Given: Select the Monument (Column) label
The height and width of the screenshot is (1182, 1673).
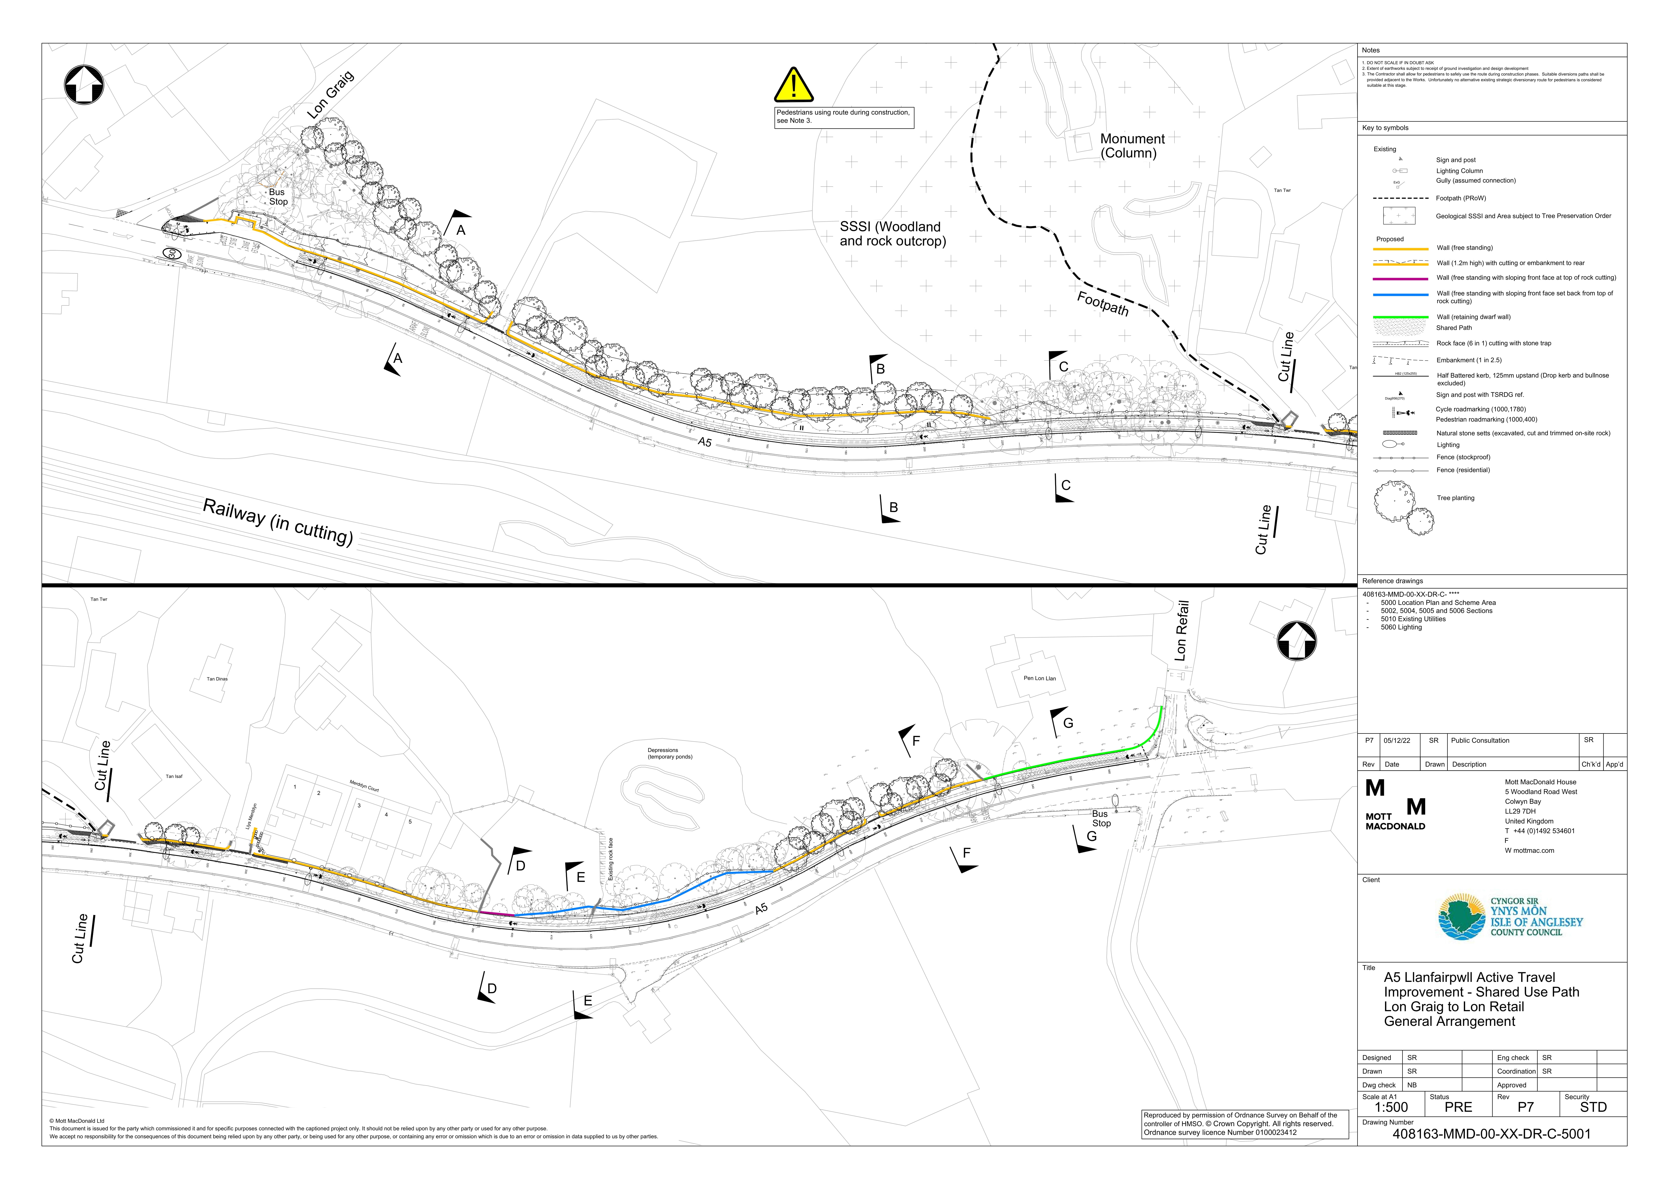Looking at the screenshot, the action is click(1132, 146).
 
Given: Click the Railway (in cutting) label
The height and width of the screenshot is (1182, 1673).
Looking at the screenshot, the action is click(278, 522).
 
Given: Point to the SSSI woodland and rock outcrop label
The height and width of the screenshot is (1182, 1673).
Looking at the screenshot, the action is click(892, 234).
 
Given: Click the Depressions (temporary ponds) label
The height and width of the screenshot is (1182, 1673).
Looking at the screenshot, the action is click(670, 753).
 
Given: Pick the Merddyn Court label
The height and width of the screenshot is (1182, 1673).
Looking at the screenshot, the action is click(363, 786).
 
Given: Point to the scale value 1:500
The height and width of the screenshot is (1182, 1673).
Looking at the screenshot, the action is click(1385, 1107).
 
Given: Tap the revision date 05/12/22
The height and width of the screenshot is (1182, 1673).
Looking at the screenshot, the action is click(1397, 740).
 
